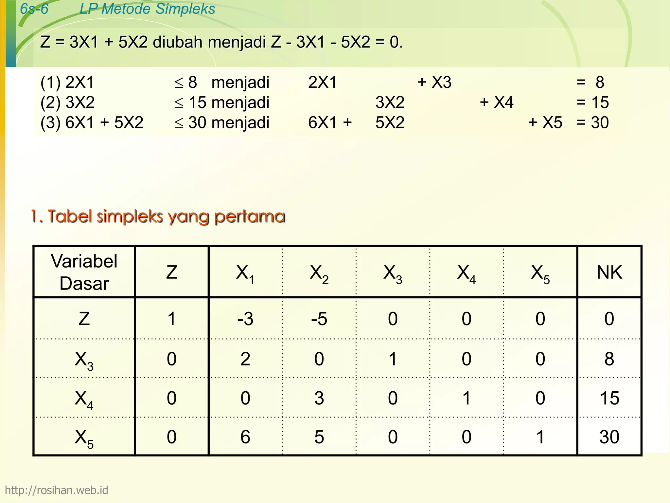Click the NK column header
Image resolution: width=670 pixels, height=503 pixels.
tap(609, 272)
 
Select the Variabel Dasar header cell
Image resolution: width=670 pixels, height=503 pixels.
tap(84, 272)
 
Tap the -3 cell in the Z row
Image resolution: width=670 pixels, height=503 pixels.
tap(245, 319)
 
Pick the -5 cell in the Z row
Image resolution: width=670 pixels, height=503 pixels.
tap(319, 319)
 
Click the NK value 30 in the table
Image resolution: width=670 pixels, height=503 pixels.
tap(609, 437)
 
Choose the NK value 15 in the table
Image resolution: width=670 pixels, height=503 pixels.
tap(609, 398)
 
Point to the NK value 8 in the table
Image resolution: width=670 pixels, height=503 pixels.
tap(609, 359)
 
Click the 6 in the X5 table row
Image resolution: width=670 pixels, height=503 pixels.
tap(245, 437)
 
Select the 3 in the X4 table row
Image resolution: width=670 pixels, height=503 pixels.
tap(319, 398)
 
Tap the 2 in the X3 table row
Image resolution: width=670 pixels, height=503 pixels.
tap(245, 359)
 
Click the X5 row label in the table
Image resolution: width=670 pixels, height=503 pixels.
tap(84, 438)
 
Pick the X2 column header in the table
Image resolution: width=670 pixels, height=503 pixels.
tap(319, 273)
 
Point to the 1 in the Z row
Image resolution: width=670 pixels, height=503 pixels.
tap(172, 319)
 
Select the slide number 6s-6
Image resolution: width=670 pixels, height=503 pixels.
tap(34, 9)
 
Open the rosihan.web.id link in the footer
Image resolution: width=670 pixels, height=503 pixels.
tap(56, 490)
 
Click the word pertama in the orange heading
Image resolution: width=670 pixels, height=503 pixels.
tap(250, 216)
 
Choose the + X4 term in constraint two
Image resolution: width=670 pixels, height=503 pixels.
tap(497, 102)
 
